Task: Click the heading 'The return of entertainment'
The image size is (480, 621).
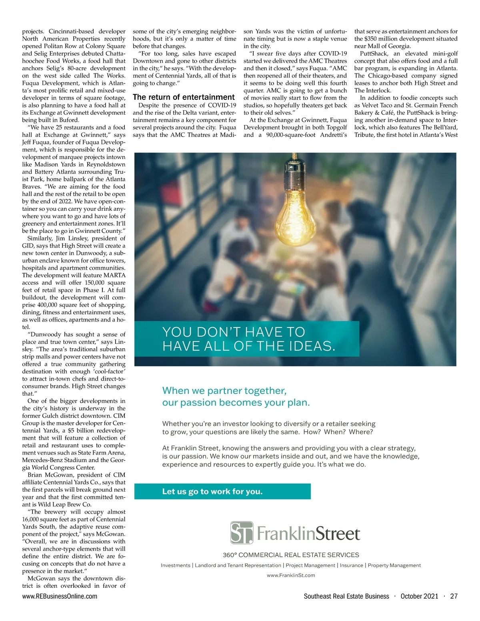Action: pyautogui.click(x=184, y=97)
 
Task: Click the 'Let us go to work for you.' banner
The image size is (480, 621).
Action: pyautogui.click(x=212, y=491)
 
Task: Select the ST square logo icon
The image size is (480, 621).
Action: pyautogui.click(x=242, y=533)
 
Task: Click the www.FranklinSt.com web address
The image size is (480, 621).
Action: pyautogui.click(x=291, y=575)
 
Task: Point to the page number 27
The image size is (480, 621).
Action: pyautogui.click(x=454, y=596)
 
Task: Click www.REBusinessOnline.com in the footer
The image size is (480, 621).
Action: pyautogui.click(x=60, y=596)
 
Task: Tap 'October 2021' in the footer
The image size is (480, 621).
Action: pyautogui.click(x=419, y=596)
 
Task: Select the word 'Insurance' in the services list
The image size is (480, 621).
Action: pyautogui.click(x=352, y=565)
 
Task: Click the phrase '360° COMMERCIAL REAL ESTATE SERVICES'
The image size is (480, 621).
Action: pyautogui.click(x=291, y=555)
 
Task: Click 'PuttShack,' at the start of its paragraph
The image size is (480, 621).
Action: pyautogui.click(x=374, y=54)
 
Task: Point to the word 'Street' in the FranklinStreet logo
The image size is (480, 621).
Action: pyautogui.click(x=338, y=534)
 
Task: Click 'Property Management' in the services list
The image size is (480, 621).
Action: pyautogui.click(x=394, y=565)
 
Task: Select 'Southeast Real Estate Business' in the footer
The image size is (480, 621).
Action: pyautogui.click(x=346, y=596)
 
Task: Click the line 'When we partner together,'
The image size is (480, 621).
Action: pyautogui.click(x=224, y=391)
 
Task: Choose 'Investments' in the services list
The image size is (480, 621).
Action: pyautogui.click(x=176, y=565)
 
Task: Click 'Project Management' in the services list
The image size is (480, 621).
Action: pyautogui.click(x=310, y=565)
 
